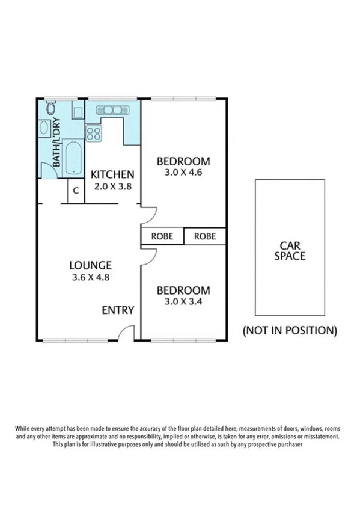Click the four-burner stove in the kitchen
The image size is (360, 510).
94,132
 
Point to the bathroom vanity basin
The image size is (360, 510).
44,128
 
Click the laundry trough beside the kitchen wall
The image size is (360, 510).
78,112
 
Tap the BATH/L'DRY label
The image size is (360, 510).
56,145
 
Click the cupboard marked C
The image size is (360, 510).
76,191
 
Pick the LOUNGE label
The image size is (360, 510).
90,265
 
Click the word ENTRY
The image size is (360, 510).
118,310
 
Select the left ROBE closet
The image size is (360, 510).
162,236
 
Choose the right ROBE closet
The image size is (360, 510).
205,236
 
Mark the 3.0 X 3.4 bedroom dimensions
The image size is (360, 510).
183,302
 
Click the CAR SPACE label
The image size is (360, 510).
289,250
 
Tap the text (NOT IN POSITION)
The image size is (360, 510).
289,330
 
